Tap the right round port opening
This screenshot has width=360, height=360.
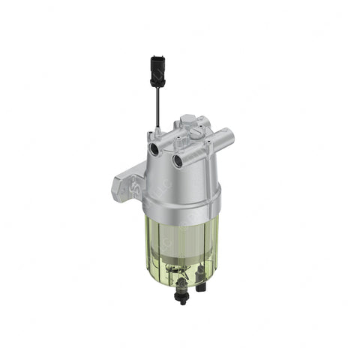pos(178,160)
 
